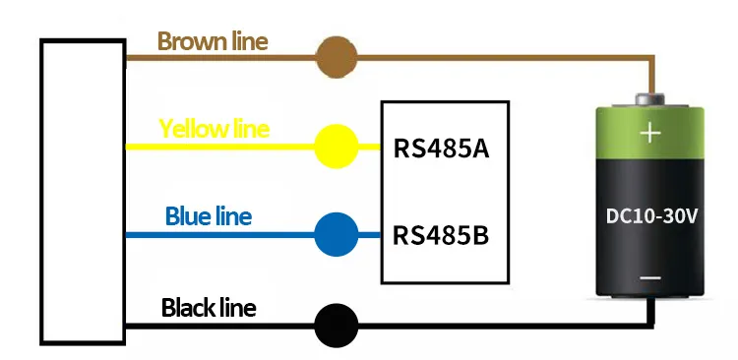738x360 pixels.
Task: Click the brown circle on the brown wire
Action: pyautogui.click(x=336, y=58)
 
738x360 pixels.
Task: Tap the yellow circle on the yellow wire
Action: pyautogui.click(x=336, y=148)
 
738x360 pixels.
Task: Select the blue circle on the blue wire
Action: pyautogui.click(x=336, y=235)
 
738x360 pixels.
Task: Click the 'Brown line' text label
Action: pyautogui.click(x=213, y=41)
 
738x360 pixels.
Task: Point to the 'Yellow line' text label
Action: pyautogui.click(x=214, y=129)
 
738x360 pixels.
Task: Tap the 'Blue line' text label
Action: pyautogui.click(x=209, y=215)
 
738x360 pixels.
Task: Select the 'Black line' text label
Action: pyautogui.click(x=209, y=308)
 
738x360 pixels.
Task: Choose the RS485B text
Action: pyautogui.click(x=442, y=236)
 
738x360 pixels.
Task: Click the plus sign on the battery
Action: pyautogui.click(x=649, y=134)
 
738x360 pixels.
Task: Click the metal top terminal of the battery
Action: pyautogui.click(x=649, y=98)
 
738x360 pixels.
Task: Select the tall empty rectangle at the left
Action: pyautogui.click(x=83, y=192)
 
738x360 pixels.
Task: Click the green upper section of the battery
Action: pyautogui.click(x=649, y=138)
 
